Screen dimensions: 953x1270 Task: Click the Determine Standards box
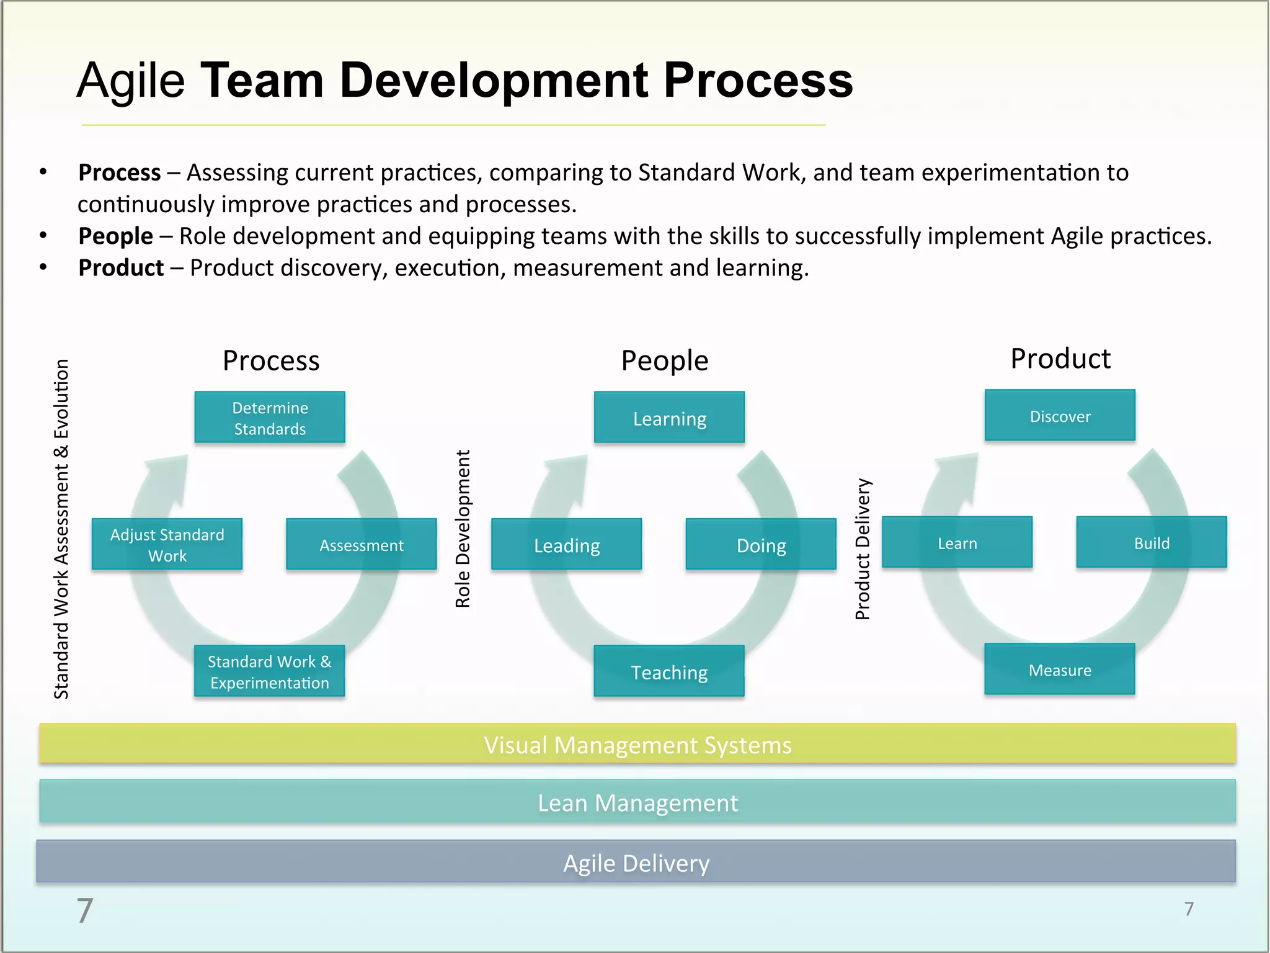click(270, 418)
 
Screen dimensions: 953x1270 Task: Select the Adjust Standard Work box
click(167, 545)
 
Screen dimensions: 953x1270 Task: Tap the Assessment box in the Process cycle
click(362, 545)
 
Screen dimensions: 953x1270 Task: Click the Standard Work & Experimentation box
click(269, 671)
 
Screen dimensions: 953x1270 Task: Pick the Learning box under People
click(669, 418)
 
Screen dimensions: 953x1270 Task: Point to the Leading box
click(567, 545)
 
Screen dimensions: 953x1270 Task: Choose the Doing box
click(761, 545)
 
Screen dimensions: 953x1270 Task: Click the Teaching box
click(669, 671)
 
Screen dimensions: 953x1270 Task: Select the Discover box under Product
click(1060, 416)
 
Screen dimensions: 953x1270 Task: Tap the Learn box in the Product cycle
click(957, 543)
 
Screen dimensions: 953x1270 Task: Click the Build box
click(1152, 543)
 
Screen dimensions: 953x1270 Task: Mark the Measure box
click(1060, 669)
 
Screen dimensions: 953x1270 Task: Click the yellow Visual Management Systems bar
click(637, 744)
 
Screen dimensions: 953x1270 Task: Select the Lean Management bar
click(637, 802)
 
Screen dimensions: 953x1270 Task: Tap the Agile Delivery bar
click(636, 862)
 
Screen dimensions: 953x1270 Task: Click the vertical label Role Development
click(463, 529)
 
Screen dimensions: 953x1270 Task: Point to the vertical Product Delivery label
click(863, 549)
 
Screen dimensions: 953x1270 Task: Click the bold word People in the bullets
click(116, 236)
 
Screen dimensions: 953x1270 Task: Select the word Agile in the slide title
click(131, 81)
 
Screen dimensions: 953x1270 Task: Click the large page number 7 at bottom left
click(85, 910)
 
